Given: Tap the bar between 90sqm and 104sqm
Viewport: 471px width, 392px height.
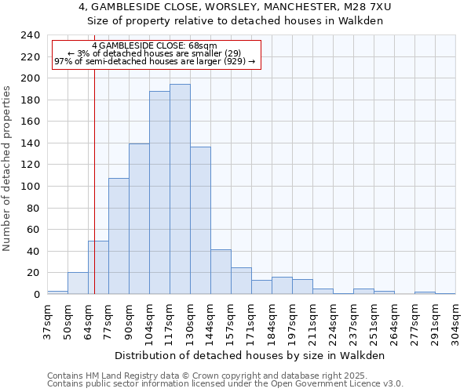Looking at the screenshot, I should pyautogui.click(x=139, y=219).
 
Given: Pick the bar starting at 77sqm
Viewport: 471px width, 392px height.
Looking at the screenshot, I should pyautogui.click(x=119, y=236).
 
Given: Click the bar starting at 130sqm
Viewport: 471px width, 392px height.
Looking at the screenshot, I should pyautogui.click(x=200, y=220).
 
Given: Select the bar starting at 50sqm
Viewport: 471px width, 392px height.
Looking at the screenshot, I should pyautogui.click(x=78, y=283).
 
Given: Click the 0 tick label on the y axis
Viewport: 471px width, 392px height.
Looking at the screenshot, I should pyautogui.click(x=36, y=294).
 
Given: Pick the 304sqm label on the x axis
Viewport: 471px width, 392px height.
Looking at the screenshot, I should pyautogui.click(x=455, y=321).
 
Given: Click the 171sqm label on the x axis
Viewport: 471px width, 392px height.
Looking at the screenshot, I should pyautogui.click(x=251, y=321).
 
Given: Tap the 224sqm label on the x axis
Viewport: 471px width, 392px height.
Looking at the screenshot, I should pyautogui.click(x=333, y=321).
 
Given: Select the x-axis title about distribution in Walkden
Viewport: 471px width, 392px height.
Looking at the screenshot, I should pyautogui.click(x=255, y=355).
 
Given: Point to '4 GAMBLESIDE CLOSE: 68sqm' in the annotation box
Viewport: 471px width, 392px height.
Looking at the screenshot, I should pyautogui.click(x=154, y=46).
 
